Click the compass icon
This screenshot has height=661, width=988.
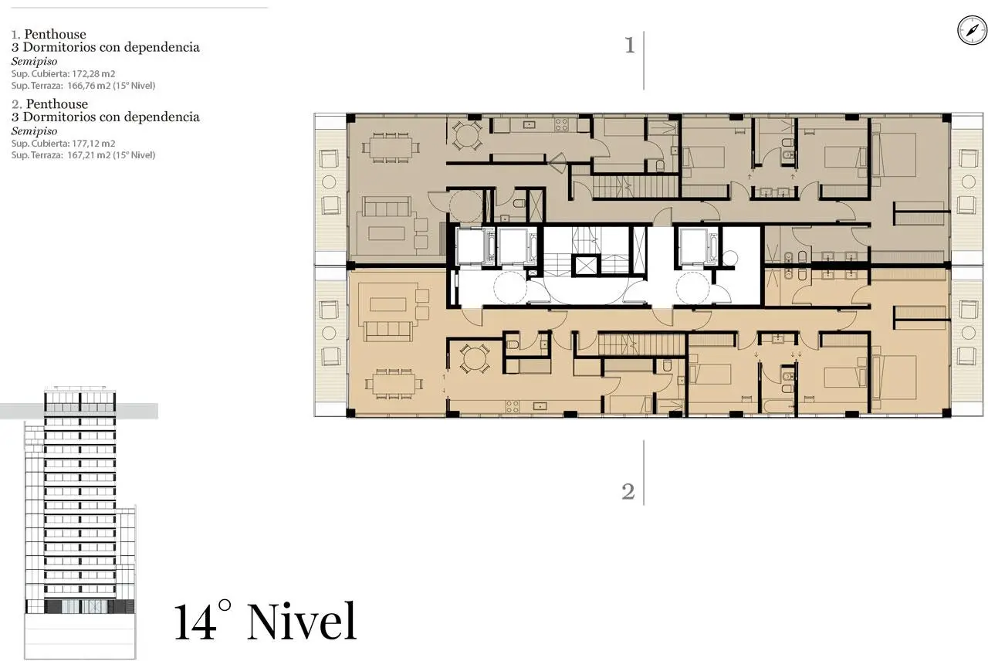coord(972,30)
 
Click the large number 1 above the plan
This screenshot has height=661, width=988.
coord(629,46)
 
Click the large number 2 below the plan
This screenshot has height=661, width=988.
coord(628,492)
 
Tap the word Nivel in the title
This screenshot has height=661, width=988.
coord(302,621)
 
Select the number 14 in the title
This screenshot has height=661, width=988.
coord(196,622)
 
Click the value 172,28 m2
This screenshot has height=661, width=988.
coord(93,73)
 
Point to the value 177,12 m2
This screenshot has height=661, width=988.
coord(93,144)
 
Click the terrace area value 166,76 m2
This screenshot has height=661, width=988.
coord(89,86)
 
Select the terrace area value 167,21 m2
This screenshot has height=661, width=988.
coord(89,155)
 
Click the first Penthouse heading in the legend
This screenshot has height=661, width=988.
coord(55,34)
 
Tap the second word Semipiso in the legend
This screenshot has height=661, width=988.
coord(35,131)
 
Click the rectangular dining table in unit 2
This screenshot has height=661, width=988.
coord(394,384)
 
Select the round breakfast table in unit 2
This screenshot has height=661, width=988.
coord(474,358)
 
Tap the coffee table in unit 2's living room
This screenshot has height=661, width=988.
coord(388,304)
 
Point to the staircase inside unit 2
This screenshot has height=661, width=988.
coord(641,344)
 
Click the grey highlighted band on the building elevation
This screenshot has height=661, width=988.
coord(79,411)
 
